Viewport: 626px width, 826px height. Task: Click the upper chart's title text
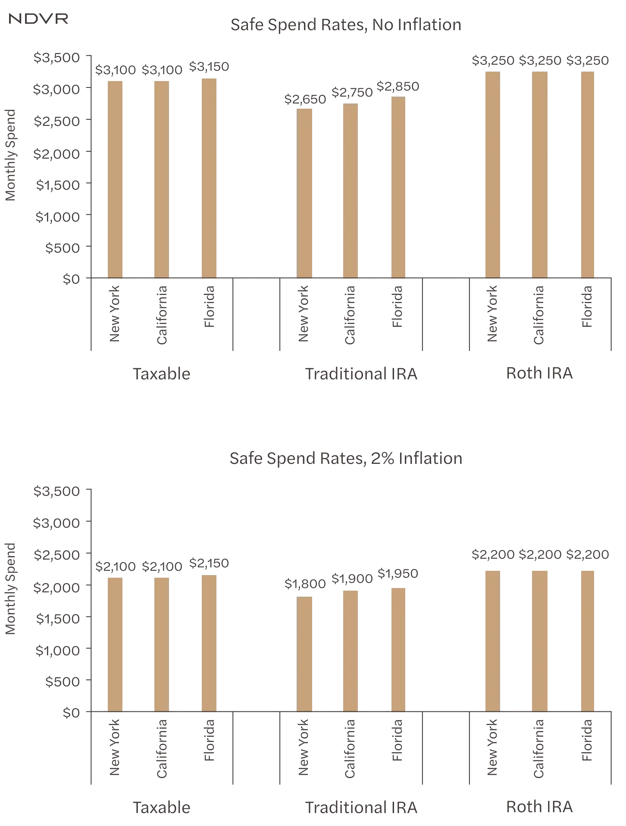(x=346, y=25)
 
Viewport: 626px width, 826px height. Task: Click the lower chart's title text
(x=345, y=458)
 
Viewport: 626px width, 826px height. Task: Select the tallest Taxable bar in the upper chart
(x=209, y=177)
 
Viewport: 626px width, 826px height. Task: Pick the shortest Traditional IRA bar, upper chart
(x=305, y=192)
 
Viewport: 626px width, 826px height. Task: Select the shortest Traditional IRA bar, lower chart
(x=305, y=654)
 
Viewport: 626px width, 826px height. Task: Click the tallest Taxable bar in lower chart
(x=209, y=642)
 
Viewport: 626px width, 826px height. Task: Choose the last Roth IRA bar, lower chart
(x=588, y=640)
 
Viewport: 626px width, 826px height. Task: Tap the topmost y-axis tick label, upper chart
(x=56, y=57)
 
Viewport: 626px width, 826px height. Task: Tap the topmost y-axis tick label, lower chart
(x=56, y=491)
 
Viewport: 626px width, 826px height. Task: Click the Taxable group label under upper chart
(x=161, y=373)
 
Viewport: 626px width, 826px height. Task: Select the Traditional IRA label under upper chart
(x=360, y=373)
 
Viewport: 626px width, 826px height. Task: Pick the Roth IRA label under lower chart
(x=541, y=807)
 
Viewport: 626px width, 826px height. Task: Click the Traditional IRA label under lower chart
(x=360, y=807)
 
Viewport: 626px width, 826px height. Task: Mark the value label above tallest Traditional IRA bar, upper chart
(x=398, y=87)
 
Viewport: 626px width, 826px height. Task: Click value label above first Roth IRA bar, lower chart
(x=491, y=555)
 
